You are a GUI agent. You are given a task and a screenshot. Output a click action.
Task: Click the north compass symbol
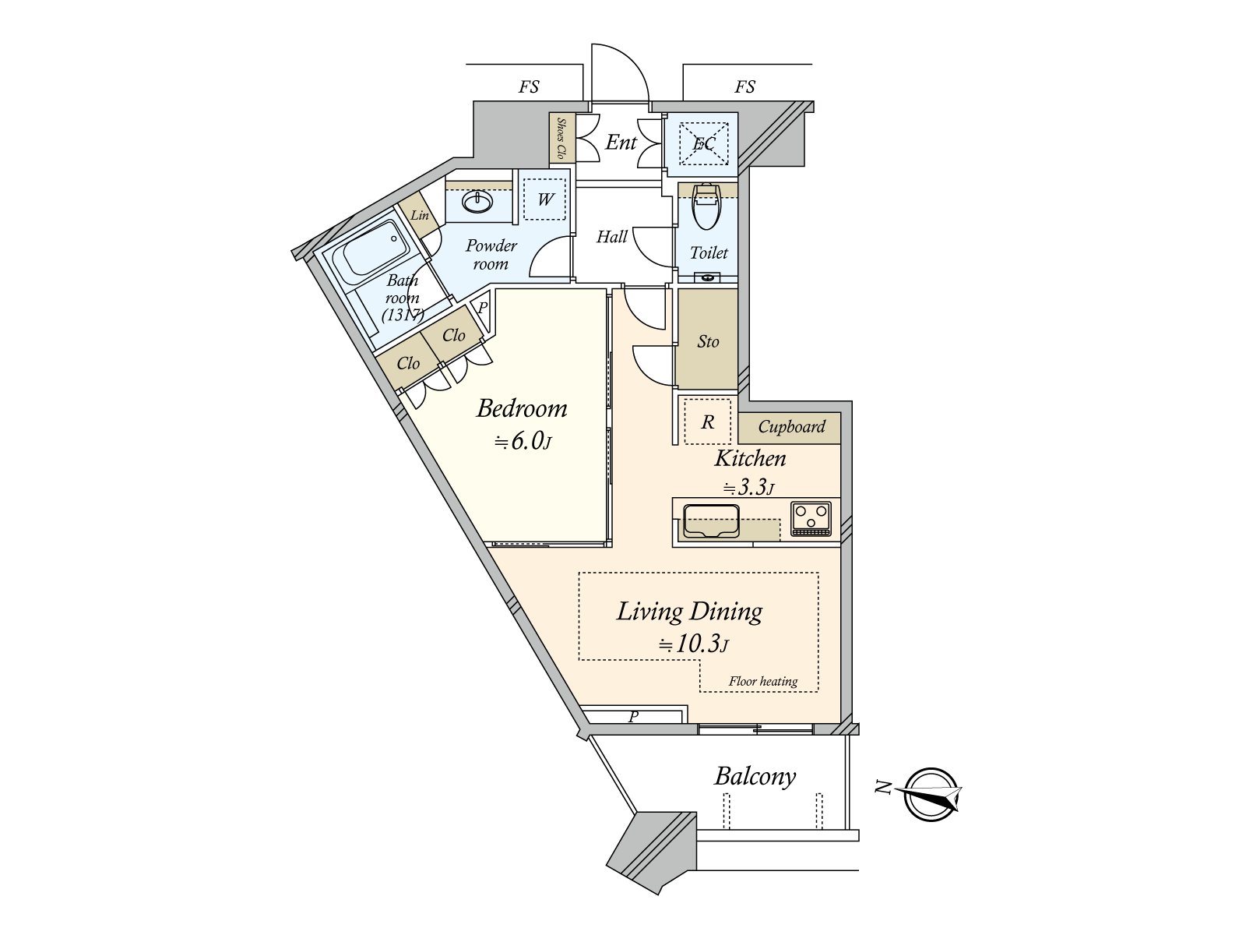(931, 794)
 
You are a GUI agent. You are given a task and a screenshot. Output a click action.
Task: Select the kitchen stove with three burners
(811, 518)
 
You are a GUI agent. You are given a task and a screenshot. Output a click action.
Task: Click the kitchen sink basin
(710, 521)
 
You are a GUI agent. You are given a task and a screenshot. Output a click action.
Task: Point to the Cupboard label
(791, 427)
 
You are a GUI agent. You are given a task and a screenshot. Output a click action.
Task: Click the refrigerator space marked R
(707, 422)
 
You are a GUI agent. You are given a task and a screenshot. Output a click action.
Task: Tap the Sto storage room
(707, 340)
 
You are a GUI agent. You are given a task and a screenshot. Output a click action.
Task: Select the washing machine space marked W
(544, 199)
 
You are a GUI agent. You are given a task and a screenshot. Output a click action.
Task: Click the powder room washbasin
(477, 203)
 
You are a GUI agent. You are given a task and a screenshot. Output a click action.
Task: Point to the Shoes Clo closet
(561, 139)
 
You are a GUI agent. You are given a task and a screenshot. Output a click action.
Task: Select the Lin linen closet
(420, 215)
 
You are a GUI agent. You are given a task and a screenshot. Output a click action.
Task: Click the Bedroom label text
(521, 408)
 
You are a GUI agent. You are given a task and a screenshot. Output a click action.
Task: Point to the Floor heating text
(762, 681)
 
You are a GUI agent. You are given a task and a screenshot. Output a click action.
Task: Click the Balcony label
(755, 776)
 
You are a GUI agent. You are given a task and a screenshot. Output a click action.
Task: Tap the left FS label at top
(529, 87)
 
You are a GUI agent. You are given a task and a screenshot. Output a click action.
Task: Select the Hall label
(611, 237)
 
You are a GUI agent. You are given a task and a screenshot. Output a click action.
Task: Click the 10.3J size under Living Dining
(692, 644)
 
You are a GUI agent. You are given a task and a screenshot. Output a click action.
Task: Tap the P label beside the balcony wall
(633, 715)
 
